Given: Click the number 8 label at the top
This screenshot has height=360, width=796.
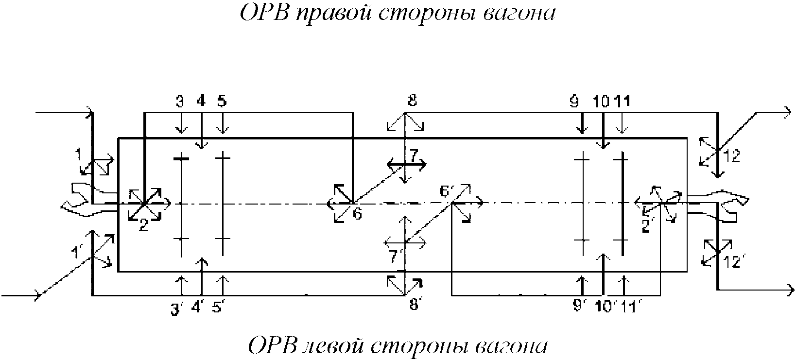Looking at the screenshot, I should [412, 101].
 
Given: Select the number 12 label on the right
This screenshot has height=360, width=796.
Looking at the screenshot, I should [731, 156].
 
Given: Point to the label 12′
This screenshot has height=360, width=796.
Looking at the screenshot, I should [732, 263].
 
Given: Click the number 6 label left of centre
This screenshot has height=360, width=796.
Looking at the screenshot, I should [357, 214].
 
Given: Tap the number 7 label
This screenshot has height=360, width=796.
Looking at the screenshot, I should [413, 156].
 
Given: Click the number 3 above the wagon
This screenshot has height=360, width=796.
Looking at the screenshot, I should [180, 101].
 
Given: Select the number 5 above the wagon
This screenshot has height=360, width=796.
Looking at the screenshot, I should [222, 101].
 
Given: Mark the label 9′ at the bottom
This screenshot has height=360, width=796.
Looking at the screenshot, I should [578, 308].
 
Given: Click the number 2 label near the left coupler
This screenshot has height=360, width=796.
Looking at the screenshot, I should [143, 225].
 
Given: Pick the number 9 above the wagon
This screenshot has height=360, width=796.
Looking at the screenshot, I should [574, 101].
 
